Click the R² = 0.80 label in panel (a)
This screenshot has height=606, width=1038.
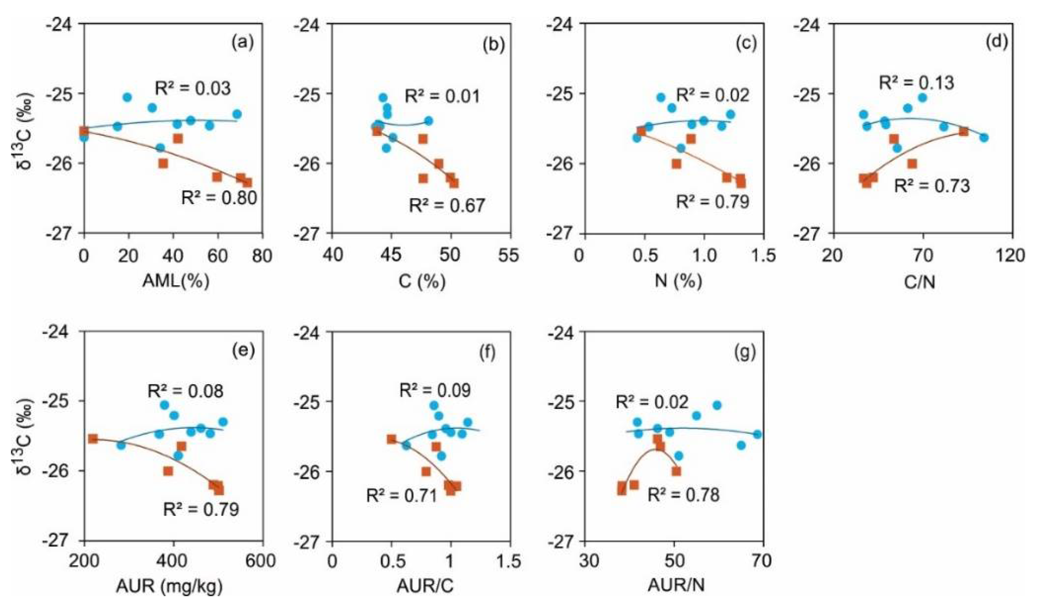219,198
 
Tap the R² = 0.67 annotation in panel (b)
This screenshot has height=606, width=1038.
447,205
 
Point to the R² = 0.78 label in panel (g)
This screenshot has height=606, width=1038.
684,494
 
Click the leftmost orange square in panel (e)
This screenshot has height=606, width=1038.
93,439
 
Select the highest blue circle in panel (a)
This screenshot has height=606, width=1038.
127,97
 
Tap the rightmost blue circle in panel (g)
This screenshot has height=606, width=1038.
757,434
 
